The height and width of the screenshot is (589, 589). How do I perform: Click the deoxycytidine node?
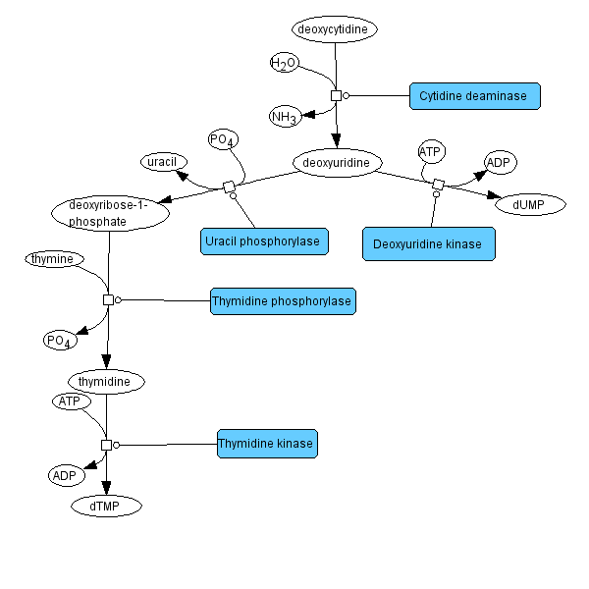click(334, 29)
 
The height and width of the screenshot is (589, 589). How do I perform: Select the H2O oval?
click(284, 64)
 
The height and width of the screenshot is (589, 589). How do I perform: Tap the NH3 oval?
click(285, 117)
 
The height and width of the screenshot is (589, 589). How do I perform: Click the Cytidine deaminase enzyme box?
click(474, 96)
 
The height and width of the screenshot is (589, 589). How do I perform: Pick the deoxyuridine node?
click(337, 161)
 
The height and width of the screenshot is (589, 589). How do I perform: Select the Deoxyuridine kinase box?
click(428, 244)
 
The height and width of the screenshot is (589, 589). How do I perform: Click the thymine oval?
click(55, 259)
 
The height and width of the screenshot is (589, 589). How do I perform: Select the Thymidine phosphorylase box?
click(283, 301)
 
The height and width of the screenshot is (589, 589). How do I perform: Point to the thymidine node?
click(106, 380)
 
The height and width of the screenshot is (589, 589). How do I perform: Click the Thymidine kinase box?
click(267, 444)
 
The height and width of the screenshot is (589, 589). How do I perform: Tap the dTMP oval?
click(106, 506)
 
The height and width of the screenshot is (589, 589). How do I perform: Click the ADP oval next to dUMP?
click(501, 162)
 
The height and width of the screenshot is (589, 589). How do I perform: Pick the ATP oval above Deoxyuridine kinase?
click(431, 151)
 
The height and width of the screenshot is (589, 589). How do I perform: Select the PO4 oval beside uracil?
click(223, 140)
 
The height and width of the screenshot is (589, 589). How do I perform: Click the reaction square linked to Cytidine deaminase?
click(336, 95)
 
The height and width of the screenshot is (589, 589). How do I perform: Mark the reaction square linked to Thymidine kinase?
click(107, 445)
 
